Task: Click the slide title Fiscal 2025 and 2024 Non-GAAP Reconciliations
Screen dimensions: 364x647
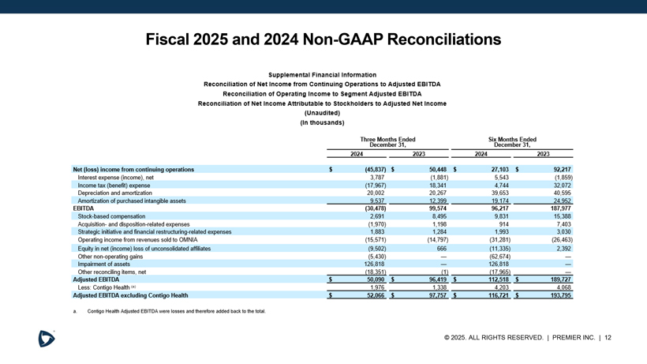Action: tap(323, 39)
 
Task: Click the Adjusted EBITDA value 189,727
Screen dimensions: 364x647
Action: tap(556, 279)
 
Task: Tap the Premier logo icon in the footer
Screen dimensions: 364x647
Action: tap(47, 338)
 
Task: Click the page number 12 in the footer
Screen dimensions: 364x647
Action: tap(608, 338)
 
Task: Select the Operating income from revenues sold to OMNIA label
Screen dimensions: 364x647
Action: tap(138, 239)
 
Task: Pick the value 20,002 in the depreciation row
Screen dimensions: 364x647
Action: tap(376, 193)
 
